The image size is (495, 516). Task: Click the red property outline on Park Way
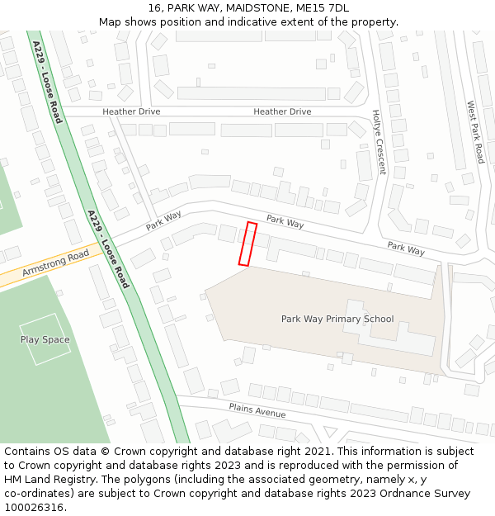[x=247, y=244]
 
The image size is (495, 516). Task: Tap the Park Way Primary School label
[x=337, y=319]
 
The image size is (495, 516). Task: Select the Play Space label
[x=45, y=339]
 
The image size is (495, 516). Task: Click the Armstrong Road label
[x=55, y=264]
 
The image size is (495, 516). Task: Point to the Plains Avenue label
[x=257, y=410]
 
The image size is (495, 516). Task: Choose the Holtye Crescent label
[x=379, y=142]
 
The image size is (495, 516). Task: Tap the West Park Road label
[x=475, y=132]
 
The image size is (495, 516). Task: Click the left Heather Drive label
[x=131, y=111]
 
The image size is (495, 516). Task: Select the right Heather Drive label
[x=282, y=111]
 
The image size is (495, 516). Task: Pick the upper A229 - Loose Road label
[x=47, y=83]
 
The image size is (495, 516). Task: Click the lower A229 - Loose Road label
[x=108, y=249]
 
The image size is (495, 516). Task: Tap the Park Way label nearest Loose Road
[x=163, y=220]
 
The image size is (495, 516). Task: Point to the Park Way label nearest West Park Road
[x=406, y=248]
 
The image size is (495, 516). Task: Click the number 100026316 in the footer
[x=34, y=508]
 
